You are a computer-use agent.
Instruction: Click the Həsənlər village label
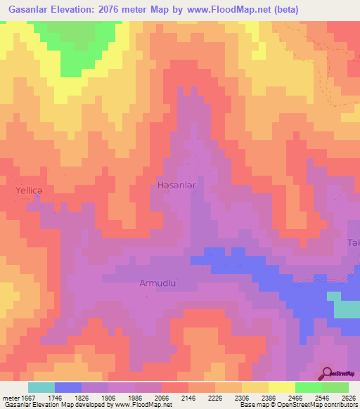175,183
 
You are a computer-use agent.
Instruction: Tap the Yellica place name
30,190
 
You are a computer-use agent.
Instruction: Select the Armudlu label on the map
157,283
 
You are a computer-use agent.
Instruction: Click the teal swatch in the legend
41,387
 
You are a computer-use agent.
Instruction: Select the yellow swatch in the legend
281,387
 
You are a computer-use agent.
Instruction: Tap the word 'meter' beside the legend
9,397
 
